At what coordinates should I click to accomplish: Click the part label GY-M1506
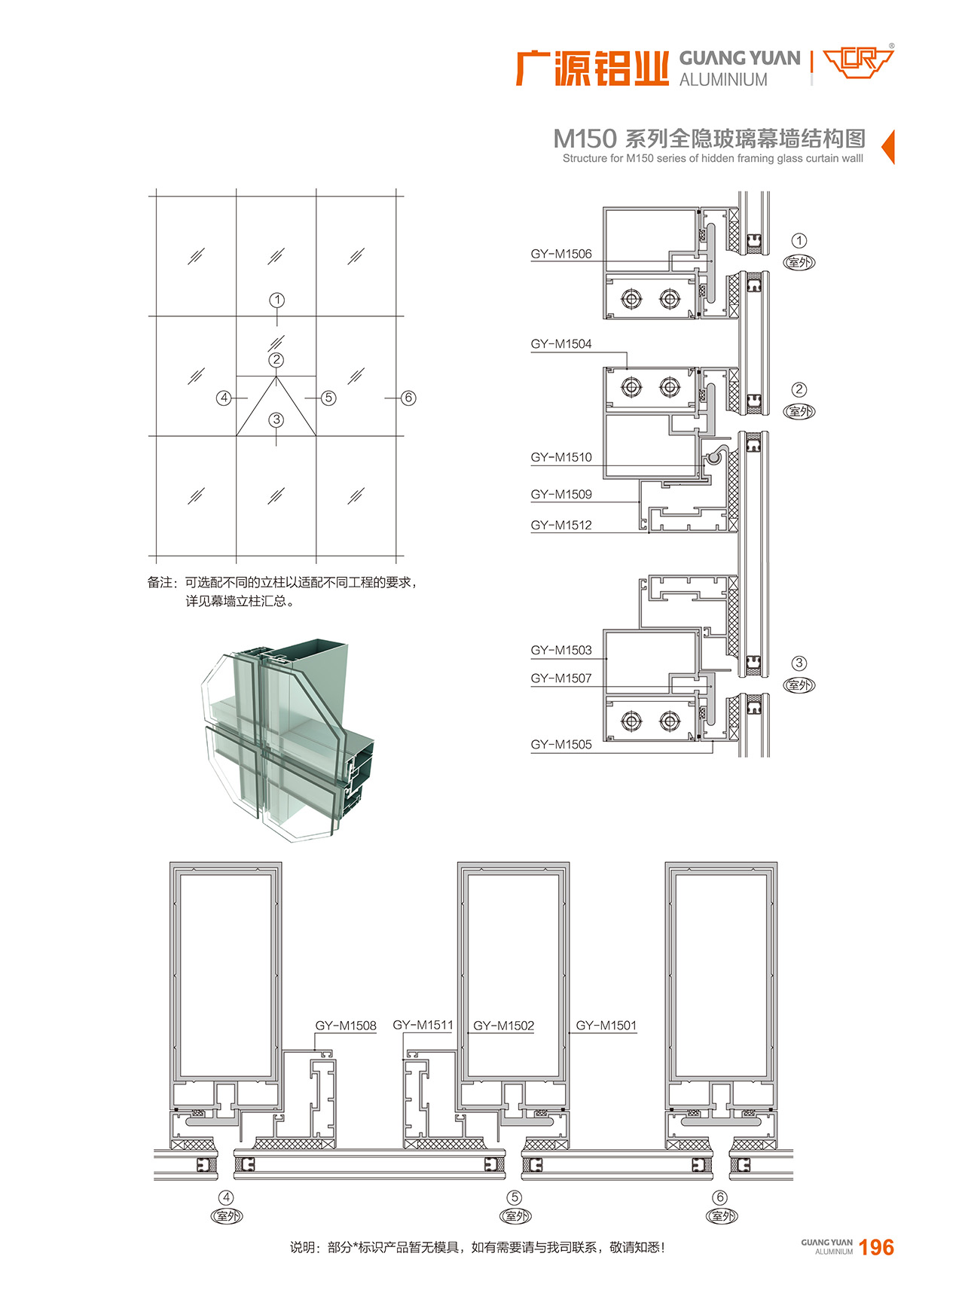(x=561, y=254)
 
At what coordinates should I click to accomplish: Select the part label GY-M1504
(x=561, y=344)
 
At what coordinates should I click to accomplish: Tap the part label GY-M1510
(x=561, y=457)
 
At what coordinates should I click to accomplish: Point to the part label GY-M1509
(x=561, y=495)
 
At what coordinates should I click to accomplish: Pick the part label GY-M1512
(x=561, y=525)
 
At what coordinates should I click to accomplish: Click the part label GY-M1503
(x=561, y=650)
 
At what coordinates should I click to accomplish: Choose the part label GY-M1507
(x=561, y=678)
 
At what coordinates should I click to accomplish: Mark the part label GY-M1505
(x=561, y=745)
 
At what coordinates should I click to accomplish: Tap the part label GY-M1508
(x=346, y=1026)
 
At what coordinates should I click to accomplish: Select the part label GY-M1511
(x=423, y=1025)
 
